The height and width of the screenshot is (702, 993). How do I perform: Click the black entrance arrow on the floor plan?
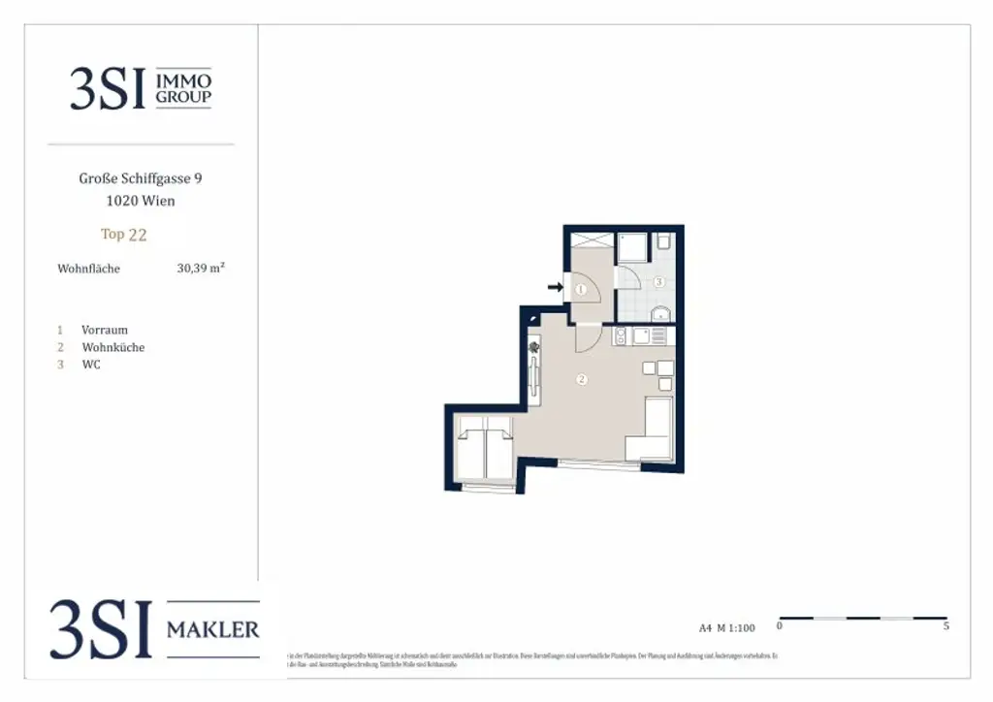pos(556,287)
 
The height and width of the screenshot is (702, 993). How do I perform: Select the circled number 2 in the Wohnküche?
pos(581,379)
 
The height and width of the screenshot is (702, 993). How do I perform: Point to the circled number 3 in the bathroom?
pos(657,282)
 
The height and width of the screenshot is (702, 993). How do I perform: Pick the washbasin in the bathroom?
pos(661,312)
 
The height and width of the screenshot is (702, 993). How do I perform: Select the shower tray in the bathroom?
pos(632,246)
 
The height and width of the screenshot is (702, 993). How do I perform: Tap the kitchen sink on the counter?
pos(621,336)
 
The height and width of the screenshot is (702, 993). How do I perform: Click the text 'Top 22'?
pos(124,234)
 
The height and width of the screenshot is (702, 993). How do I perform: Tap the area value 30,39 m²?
pos(200,269)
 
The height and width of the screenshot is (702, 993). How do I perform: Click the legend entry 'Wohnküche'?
pos(113,347)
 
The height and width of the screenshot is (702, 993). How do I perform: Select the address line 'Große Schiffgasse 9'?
pos(141,178)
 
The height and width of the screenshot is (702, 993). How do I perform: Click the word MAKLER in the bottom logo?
pos(213,630)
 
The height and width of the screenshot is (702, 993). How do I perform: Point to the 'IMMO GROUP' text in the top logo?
pos(183,89)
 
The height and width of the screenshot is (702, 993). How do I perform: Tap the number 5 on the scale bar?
pos(945,626)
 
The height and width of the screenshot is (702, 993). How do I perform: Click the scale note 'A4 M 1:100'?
pos(726,627)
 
